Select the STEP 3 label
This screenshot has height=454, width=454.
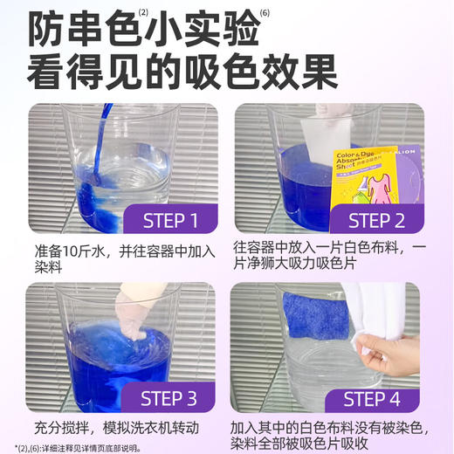tap(170, 398)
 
